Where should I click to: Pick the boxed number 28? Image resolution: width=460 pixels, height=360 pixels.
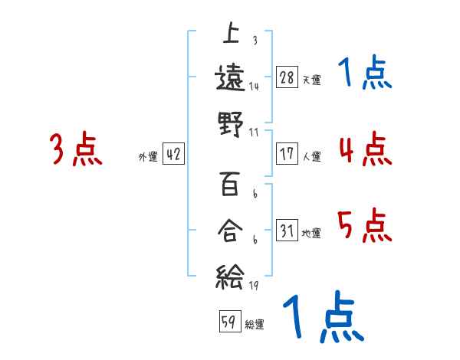point(287,78)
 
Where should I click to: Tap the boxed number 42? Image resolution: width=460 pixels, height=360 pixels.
point(173,155)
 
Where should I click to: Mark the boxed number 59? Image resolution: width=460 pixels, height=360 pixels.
point(228,322)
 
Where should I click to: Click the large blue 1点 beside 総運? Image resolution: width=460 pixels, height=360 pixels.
point(323,318)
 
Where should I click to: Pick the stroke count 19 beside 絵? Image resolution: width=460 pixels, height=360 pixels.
point(252,285)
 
